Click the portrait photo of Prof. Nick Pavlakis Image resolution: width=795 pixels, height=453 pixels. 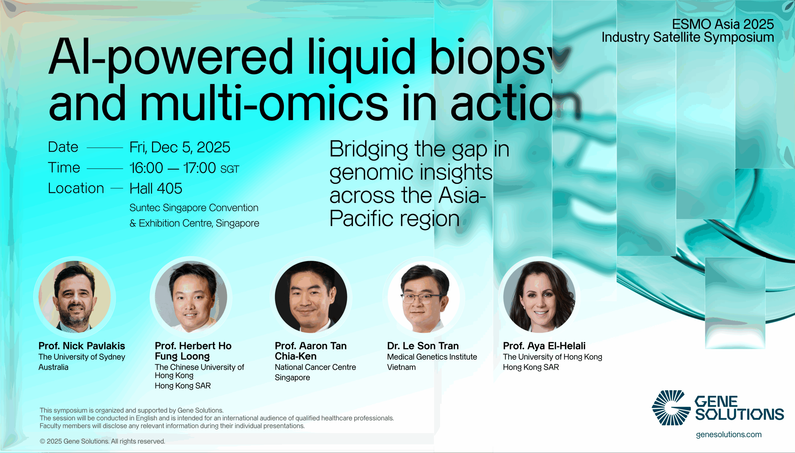point(75,297)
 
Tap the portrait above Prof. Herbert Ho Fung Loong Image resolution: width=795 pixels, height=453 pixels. point(191,297)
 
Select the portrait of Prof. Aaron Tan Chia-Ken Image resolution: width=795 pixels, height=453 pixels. point(311,297)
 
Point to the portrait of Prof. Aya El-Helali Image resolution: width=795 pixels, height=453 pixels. point(539,297)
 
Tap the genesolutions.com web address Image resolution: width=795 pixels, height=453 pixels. point(729,435)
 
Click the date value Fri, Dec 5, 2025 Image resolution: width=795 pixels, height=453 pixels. point(180,147)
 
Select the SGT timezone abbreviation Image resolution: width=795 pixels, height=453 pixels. point(229,169)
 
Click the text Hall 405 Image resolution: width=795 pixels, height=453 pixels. point(156,189)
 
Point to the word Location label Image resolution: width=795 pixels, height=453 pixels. point(76,188)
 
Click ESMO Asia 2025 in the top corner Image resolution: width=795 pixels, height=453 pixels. point(723,24)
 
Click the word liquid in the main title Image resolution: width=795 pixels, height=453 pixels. point(361,58)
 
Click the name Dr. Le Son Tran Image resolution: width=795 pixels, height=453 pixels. point(423,346)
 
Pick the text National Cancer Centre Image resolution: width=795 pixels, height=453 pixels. point(315,367)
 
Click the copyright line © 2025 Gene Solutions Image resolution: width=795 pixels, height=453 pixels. point(102,441)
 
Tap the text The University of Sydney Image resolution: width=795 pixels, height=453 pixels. point(82,357)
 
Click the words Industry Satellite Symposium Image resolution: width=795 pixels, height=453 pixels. point(688,37)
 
